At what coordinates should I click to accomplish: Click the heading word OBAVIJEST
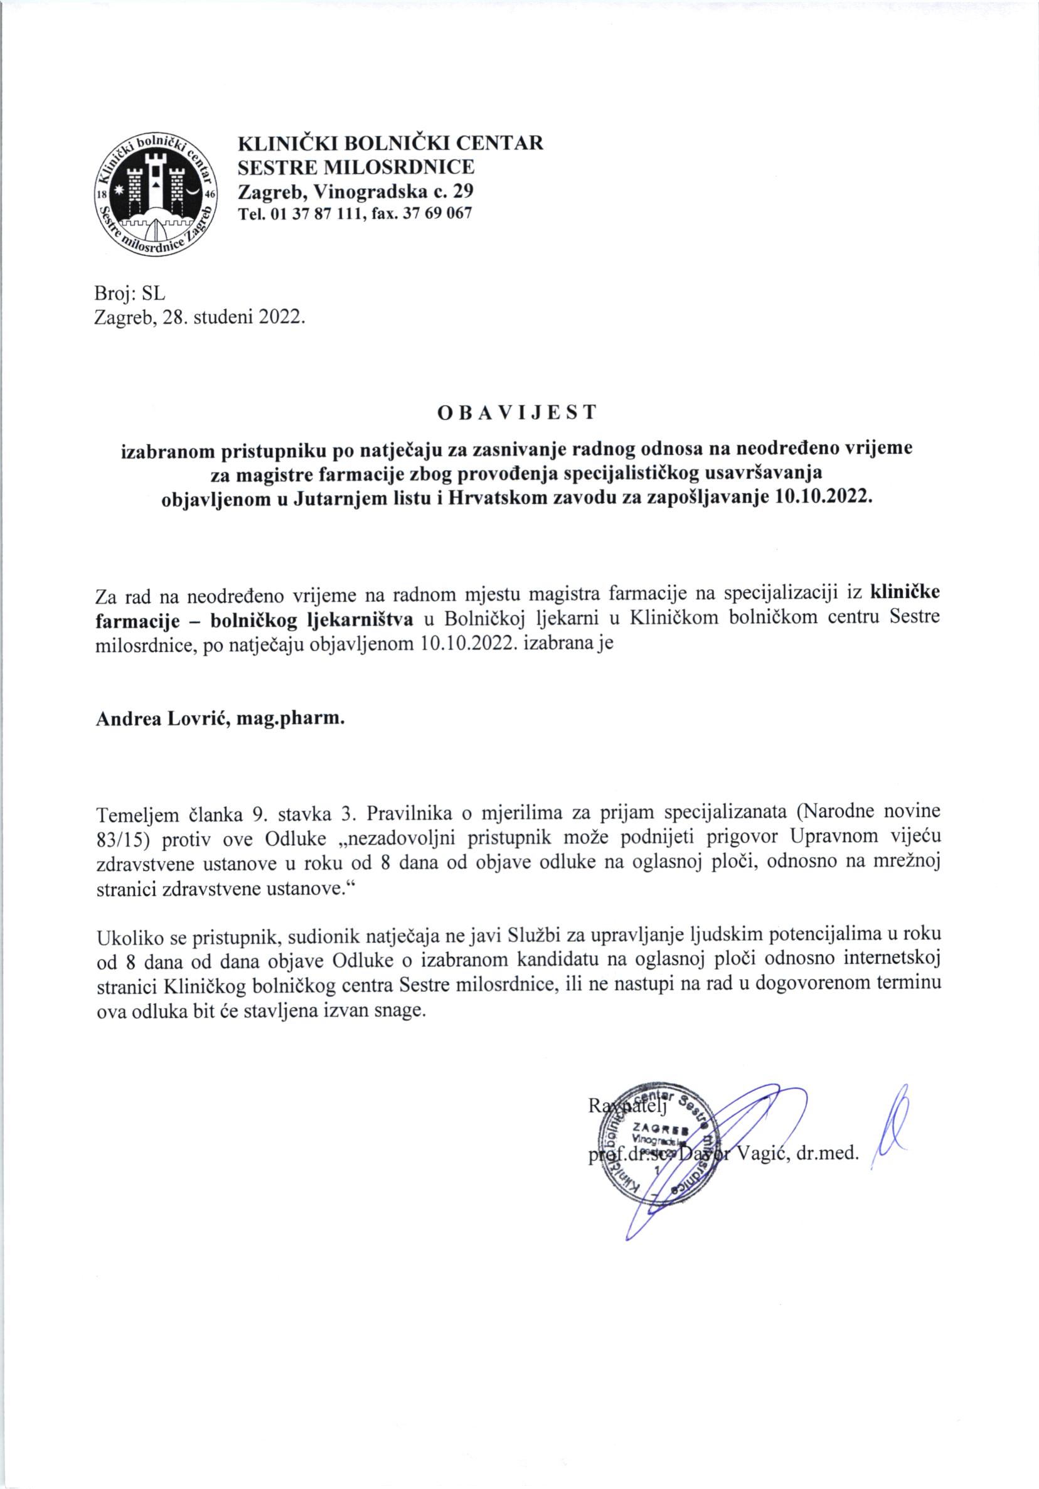point(516,413)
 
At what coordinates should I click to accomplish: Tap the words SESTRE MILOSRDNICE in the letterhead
point(356,168)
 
